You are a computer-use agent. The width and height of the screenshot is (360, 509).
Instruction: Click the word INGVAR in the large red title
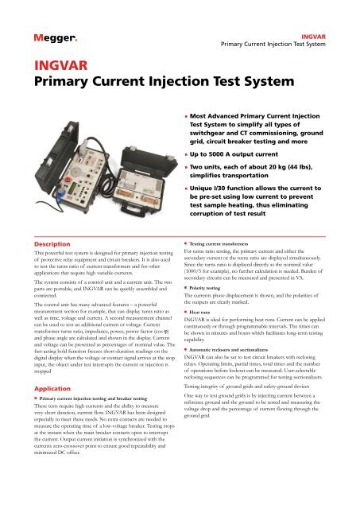(x=50, y=64)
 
